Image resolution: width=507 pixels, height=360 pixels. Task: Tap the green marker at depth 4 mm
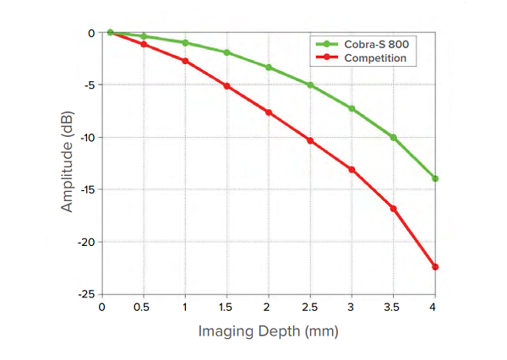[435, 178]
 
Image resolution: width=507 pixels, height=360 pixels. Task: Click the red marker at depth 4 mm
[435, 267]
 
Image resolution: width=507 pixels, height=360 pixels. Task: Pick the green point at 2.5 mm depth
[310, 85]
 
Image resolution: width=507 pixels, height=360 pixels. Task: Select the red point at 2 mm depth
[269, 112]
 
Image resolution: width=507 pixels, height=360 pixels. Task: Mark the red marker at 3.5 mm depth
[394, 208]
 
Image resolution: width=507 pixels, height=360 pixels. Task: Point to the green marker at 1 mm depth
[185, 42]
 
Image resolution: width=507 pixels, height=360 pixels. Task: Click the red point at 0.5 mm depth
[144, 44]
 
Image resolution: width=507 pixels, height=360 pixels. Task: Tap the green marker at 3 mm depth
[352, 108]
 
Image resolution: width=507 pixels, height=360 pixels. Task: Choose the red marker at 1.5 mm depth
[227, 86]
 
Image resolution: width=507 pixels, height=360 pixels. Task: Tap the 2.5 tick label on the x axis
[310, 306]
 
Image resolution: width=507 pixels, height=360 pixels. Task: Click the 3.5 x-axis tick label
[394, 306]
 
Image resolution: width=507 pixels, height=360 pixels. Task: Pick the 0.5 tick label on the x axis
[144, 306]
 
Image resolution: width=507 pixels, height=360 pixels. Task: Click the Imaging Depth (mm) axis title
[268, 330]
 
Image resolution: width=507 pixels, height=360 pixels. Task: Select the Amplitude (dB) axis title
[68, 163]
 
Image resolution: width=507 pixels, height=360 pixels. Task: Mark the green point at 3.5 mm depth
[394, 137]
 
